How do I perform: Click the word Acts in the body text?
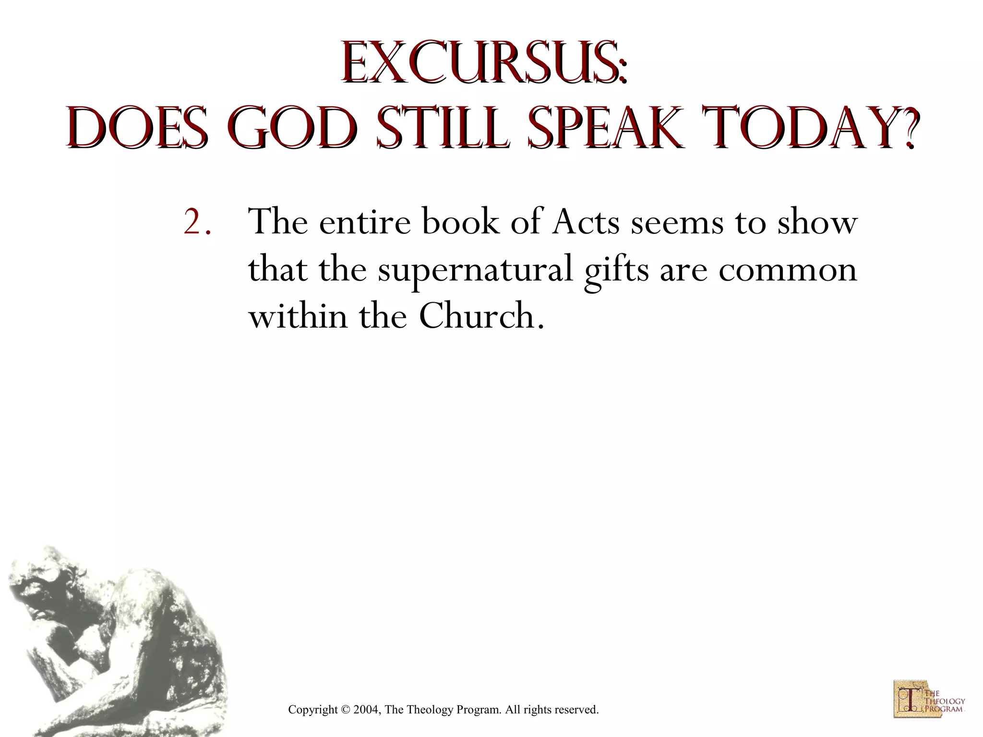tap(586, 223)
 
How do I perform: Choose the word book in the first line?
tap(461, 223)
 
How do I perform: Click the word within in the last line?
tap(298, 317)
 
